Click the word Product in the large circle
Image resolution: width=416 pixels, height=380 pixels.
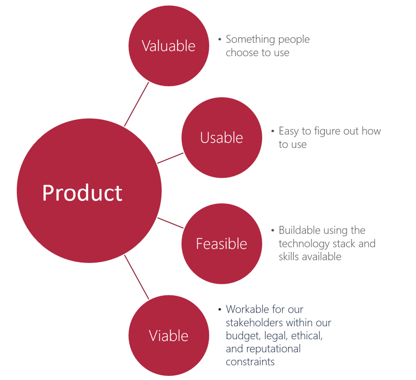coord(82,193)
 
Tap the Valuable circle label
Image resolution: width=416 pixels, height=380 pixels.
coord(169,46)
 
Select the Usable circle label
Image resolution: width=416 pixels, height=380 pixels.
coord(221,138)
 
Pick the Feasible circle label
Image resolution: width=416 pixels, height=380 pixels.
coord(221,244)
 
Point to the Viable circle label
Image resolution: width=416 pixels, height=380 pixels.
coord(169,336)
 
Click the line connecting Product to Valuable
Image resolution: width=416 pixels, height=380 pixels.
coord(136,104)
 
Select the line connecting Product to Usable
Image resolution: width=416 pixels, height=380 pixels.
coord(170,158)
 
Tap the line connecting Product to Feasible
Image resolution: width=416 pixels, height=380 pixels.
coord(171,223)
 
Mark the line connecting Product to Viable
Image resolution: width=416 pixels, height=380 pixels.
coord(136,277)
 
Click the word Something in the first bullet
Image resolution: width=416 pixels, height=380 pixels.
coord(248,40)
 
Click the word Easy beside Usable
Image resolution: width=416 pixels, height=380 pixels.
coord(289,131)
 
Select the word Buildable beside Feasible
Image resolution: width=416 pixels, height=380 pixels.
coord(299,230)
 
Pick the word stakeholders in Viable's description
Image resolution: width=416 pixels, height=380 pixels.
coord(254,322)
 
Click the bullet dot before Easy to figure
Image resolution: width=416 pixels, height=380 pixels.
coord(273,131)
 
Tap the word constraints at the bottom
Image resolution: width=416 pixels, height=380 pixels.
coord(250,362)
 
